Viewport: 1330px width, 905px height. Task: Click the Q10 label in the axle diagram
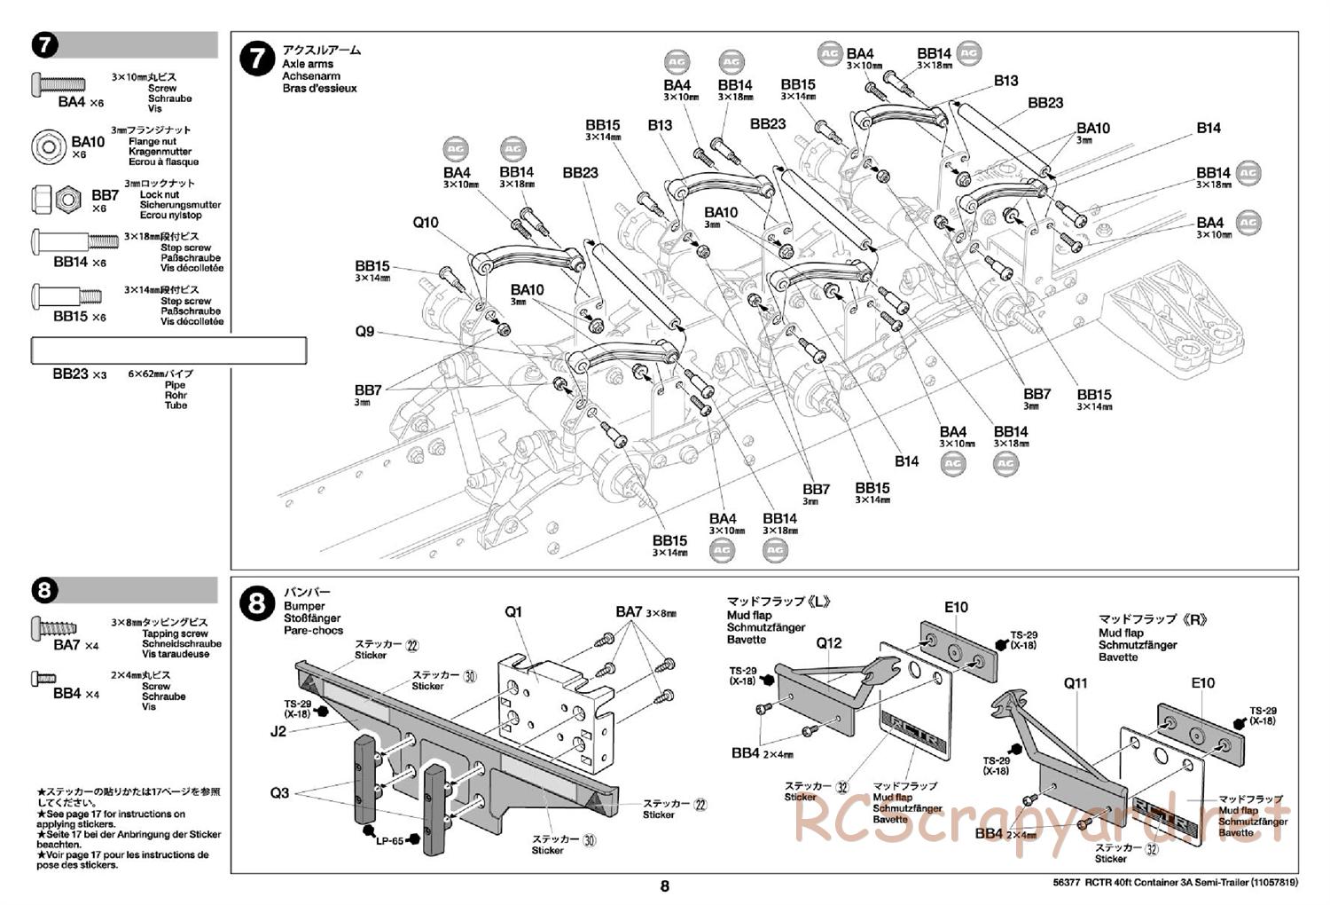point(426,223)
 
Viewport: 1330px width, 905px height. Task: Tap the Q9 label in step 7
point(364,332)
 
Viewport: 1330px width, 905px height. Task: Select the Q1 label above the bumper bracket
point(514,612)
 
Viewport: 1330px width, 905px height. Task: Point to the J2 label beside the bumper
point(278,732)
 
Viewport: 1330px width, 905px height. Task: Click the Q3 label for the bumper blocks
point(279,792)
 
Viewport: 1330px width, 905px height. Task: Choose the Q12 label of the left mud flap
point(829,643)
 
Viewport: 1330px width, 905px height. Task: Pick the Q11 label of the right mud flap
point(1076,683)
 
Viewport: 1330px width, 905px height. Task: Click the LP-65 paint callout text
point(389,841)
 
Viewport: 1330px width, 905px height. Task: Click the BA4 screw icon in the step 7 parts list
point(59,83)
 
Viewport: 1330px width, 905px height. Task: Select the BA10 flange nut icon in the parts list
point(50,146)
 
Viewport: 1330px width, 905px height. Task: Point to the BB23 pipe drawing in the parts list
point(168,350)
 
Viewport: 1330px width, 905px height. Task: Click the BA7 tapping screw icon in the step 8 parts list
point(59,627)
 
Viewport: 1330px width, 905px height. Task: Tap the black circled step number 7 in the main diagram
point(257,59)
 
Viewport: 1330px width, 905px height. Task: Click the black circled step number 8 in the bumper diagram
point(257,604)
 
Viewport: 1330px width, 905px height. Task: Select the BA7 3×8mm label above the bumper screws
point(645,612)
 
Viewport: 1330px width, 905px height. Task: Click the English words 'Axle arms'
point(308,64)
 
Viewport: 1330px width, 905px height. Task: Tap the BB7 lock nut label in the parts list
point(105,195)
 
